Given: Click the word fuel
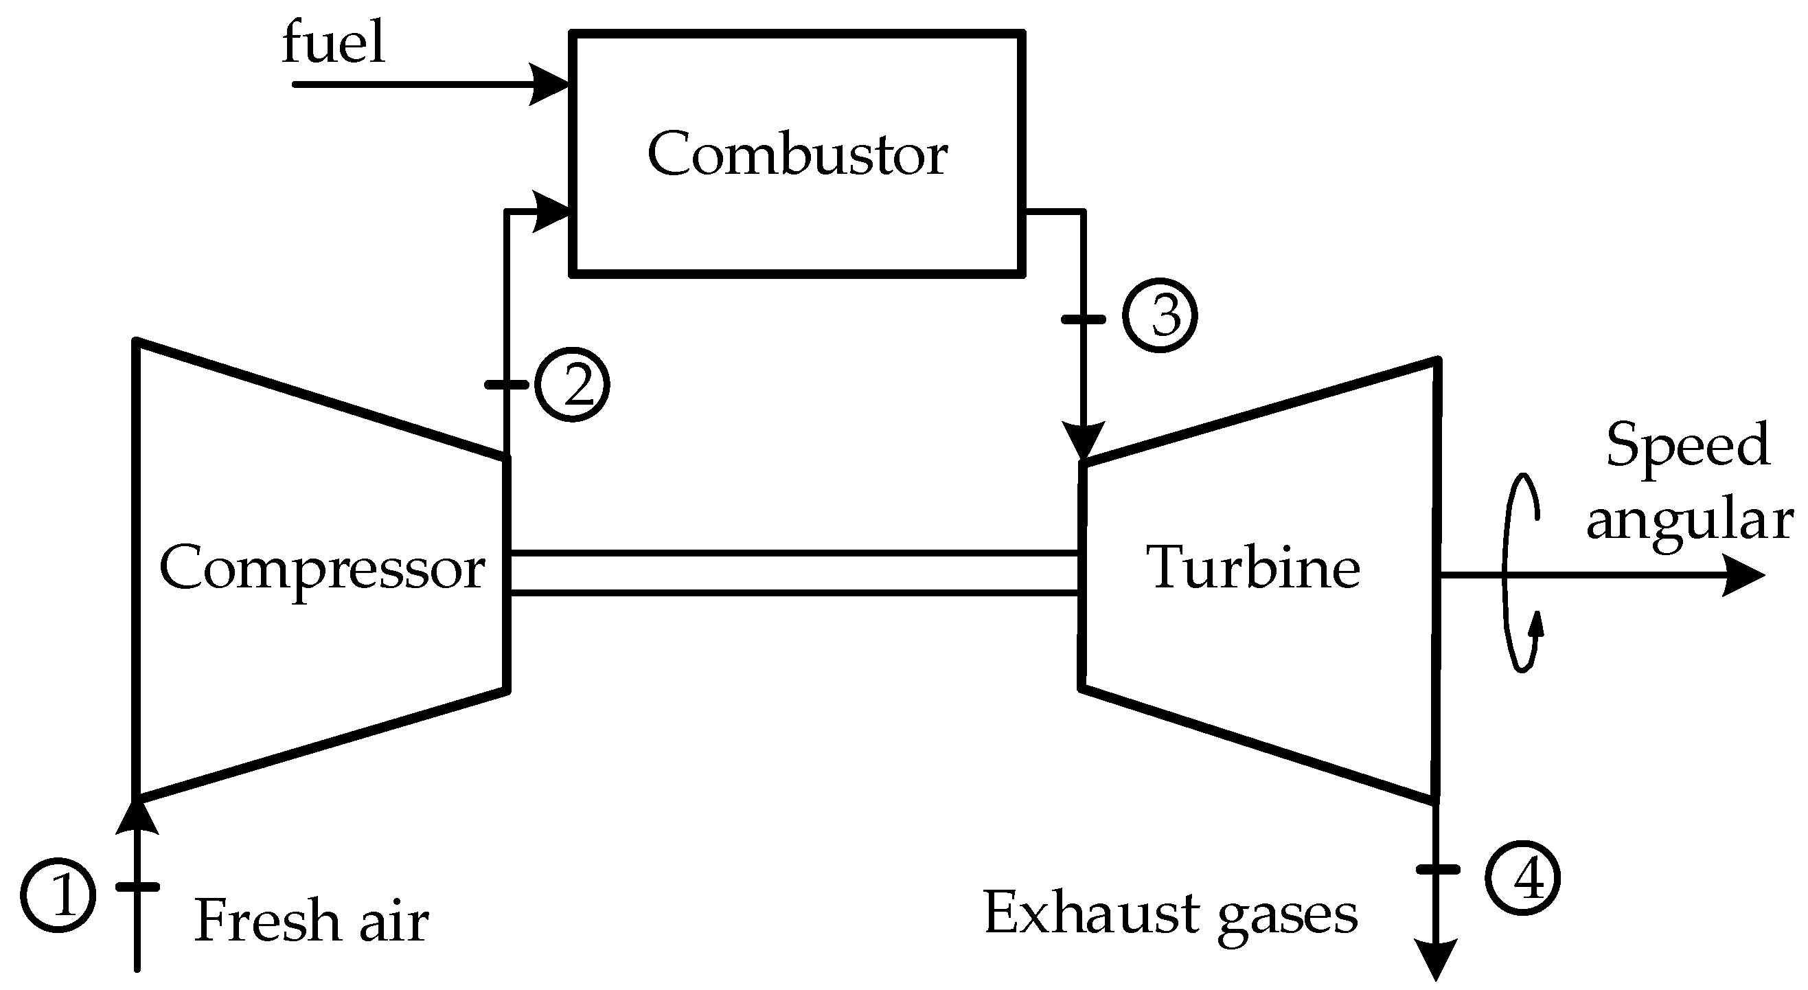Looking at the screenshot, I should point(334,43).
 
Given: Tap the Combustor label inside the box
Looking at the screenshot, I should point(797,155).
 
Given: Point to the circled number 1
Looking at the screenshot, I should point(58,895).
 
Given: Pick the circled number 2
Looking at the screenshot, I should point(572,384).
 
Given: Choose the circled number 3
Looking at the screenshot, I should point(1160,316).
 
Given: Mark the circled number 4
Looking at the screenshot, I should point(1522,877).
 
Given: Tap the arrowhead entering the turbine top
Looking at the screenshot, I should point(1084,441).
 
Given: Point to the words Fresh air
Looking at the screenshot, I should point(311,921).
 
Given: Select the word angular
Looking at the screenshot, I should point(1689,521).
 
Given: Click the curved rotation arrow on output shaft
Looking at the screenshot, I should point(1518,572).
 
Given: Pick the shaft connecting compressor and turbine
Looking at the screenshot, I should point(794,574).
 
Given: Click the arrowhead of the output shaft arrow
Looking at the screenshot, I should point(1743,576).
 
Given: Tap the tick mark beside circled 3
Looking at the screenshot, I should point(1084,319).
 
